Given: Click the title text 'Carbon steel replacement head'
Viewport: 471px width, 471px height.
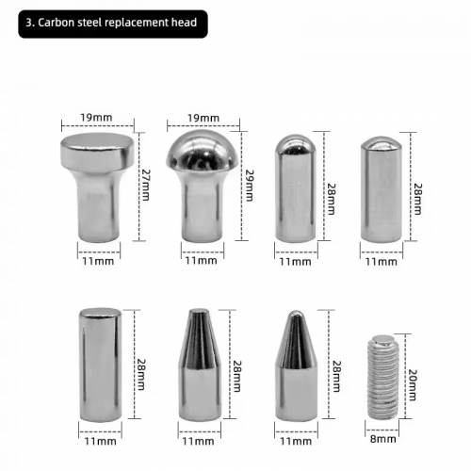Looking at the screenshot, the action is tap(118, 24).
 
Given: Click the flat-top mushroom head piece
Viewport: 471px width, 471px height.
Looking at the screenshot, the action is tap(97, 187).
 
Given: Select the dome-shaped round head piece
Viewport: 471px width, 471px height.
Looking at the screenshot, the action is tap(202, 186).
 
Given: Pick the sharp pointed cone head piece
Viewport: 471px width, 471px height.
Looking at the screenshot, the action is tap(296, 365).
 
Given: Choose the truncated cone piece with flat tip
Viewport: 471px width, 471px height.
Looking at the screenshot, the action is tap(200, 365).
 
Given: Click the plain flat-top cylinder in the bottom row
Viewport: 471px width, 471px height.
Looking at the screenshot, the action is tap(100, 365).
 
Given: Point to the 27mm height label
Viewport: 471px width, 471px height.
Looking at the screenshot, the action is tap(146, 185).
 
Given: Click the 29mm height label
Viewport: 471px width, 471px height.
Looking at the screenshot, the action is tap(249, 186).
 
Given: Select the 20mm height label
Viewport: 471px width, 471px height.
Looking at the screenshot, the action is tap(412, 385).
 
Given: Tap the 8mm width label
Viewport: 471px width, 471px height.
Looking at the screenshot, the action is tap(382, 439).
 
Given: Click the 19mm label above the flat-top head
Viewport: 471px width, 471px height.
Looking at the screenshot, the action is tap(96, 118).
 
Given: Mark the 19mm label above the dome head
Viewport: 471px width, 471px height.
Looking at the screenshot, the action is tap(203, 118).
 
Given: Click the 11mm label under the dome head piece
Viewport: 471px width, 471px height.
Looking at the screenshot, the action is tap(201, 260).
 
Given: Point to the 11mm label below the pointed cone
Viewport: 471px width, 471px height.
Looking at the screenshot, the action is tap(296, 441).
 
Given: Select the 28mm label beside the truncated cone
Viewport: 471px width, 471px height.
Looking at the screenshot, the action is tap(236, 376).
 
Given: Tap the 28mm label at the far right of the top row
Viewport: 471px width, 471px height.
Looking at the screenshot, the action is tap(417, 199).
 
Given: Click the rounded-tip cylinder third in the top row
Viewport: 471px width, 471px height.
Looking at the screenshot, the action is tap(296, 188).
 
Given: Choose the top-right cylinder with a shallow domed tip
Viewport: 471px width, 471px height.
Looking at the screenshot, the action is tap(382, 189).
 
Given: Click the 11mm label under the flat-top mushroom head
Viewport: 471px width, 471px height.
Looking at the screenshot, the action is tap(98, 261).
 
